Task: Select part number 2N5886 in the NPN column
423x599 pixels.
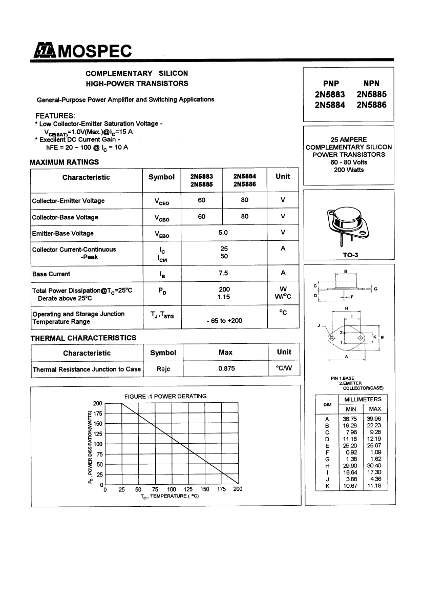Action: [371, 105]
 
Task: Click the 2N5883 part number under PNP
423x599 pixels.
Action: [330, 95]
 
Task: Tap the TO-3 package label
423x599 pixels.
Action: [350, 255]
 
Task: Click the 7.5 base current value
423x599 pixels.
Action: [224, 273]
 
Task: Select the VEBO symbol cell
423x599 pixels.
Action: [161, 234]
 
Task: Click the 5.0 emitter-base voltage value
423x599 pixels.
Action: [223, 233]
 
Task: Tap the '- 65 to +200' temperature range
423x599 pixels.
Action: [224, 321]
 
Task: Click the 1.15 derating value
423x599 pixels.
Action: [224, 297]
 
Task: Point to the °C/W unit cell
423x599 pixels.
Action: [283, 369]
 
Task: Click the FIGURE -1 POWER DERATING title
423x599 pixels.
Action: [165, 396]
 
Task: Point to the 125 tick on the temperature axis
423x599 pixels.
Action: [188, 489]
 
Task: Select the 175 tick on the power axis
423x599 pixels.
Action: [98, 414]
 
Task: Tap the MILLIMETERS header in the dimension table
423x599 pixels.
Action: [362, 399]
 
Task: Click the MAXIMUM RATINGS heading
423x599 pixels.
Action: [64, 162]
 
